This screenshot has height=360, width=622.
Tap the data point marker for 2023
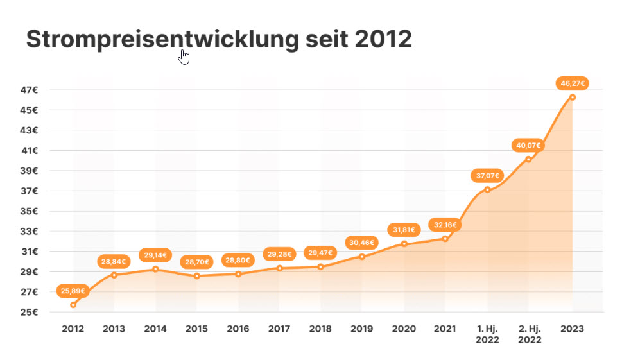coord(573,97)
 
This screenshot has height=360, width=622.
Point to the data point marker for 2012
coord(73,304)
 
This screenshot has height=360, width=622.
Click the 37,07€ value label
coord(488,175)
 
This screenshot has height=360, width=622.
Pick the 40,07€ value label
coord(528,146)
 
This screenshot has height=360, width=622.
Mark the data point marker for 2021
coord(445,239)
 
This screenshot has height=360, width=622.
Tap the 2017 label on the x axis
coord(279,329)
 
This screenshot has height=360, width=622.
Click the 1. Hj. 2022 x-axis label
coord(487,334)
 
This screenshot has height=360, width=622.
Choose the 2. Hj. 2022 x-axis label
coord(529,334)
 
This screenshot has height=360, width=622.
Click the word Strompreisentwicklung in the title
coord(162,40)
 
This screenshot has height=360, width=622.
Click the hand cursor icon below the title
coord(184,57)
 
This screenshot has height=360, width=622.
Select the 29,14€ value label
coord(155,255)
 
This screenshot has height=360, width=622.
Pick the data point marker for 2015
coord(197,276)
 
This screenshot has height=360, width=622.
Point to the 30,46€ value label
coord(362,243)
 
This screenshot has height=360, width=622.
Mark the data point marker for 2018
coord(320,266)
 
